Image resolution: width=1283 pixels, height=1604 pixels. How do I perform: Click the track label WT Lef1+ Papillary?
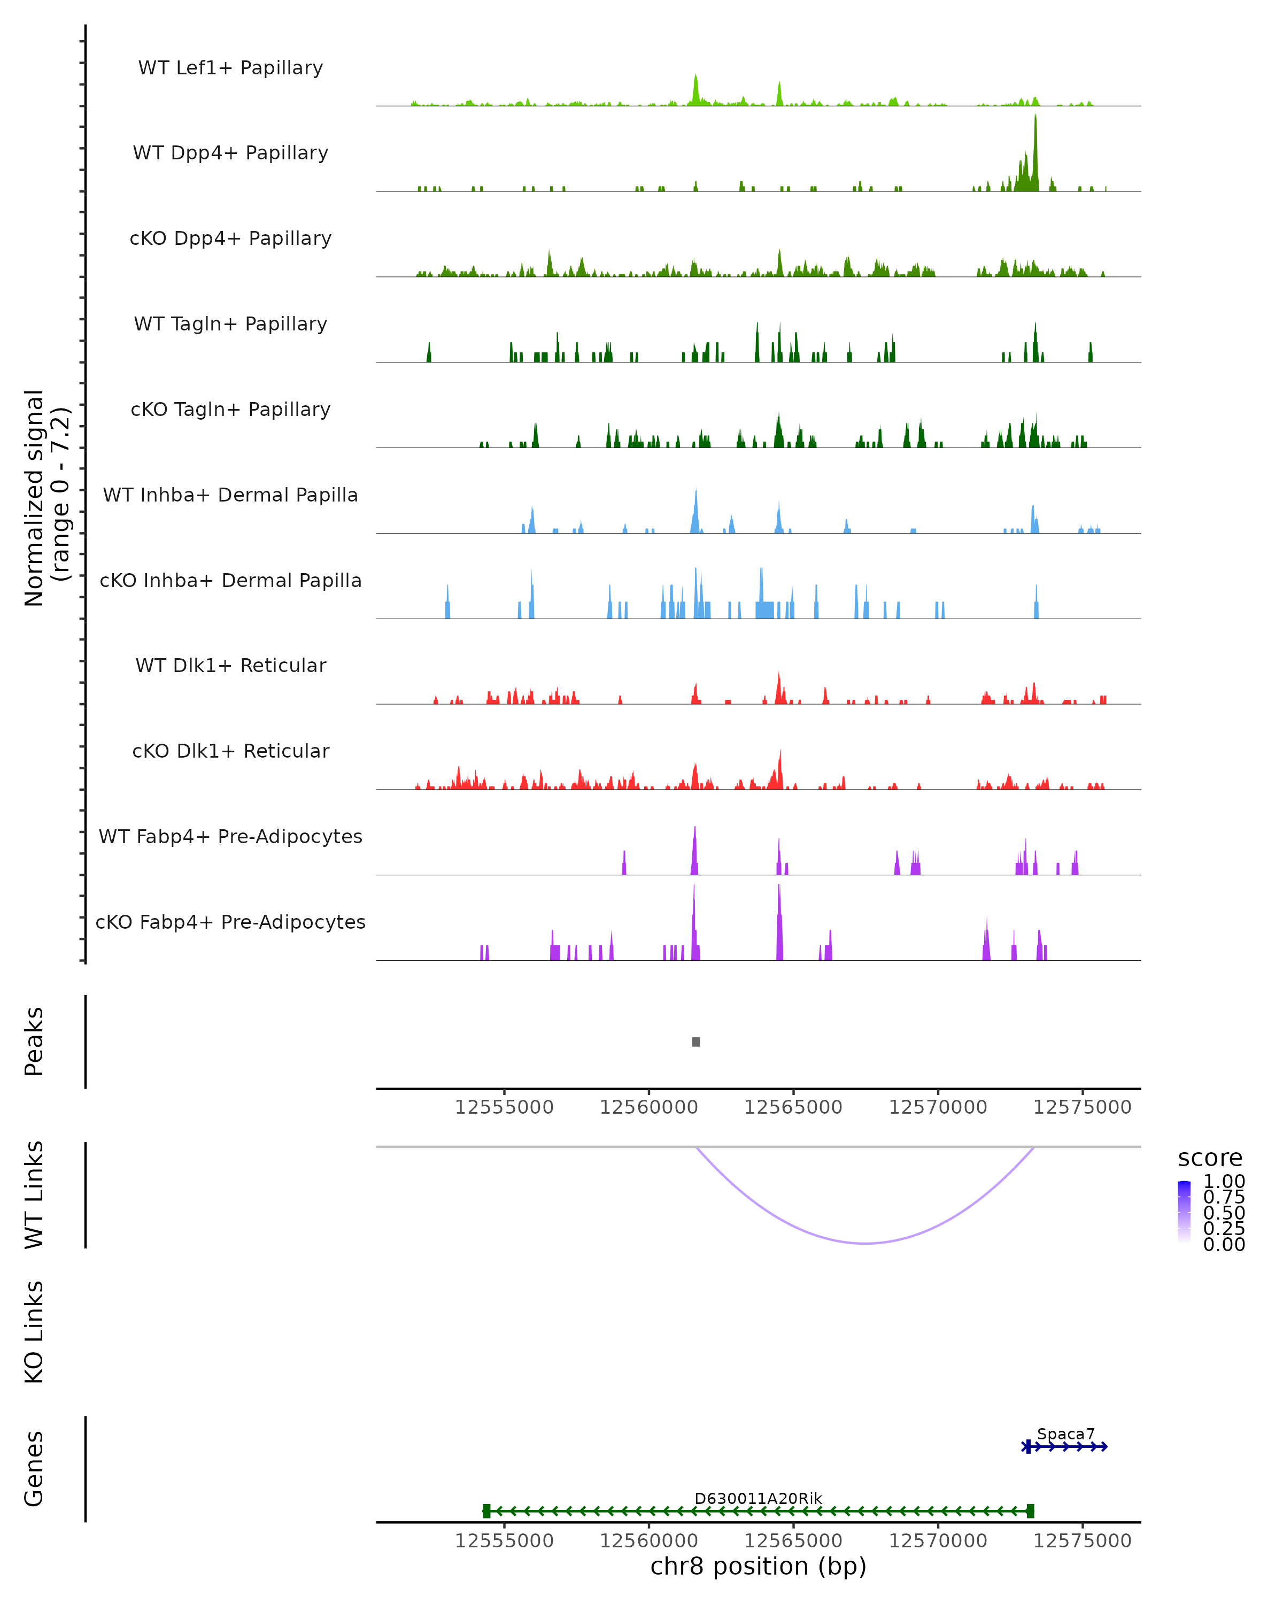tap(230, 68)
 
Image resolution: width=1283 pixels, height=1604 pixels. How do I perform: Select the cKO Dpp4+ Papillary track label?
tap(230, 238)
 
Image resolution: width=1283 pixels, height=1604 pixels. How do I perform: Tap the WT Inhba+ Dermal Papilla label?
tap(230, 495)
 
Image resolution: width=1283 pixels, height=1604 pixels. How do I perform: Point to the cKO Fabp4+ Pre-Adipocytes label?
tap(230, 922)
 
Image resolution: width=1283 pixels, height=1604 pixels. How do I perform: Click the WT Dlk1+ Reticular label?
tap(230, 665)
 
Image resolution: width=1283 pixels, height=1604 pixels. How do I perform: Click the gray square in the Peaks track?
tap(695, 1042)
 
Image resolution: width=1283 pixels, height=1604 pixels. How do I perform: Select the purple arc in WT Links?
tap(865, 1243)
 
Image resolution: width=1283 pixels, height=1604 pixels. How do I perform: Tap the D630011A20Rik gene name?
tap(758, 1498)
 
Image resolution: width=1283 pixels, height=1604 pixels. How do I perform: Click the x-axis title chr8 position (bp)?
tap(758, 1566)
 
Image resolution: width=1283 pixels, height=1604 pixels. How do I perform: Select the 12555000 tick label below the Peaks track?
tap(504, 1107)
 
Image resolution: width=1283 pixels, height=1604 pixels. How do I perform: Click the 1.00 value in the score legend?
tap(1224, 1182)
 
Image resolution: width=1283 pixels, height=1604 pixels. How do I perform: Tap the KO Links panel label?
tap(34, 1332)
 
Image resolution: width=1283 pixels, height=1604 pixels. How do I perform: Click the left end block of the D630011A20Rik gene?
tap(486, 1510)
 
